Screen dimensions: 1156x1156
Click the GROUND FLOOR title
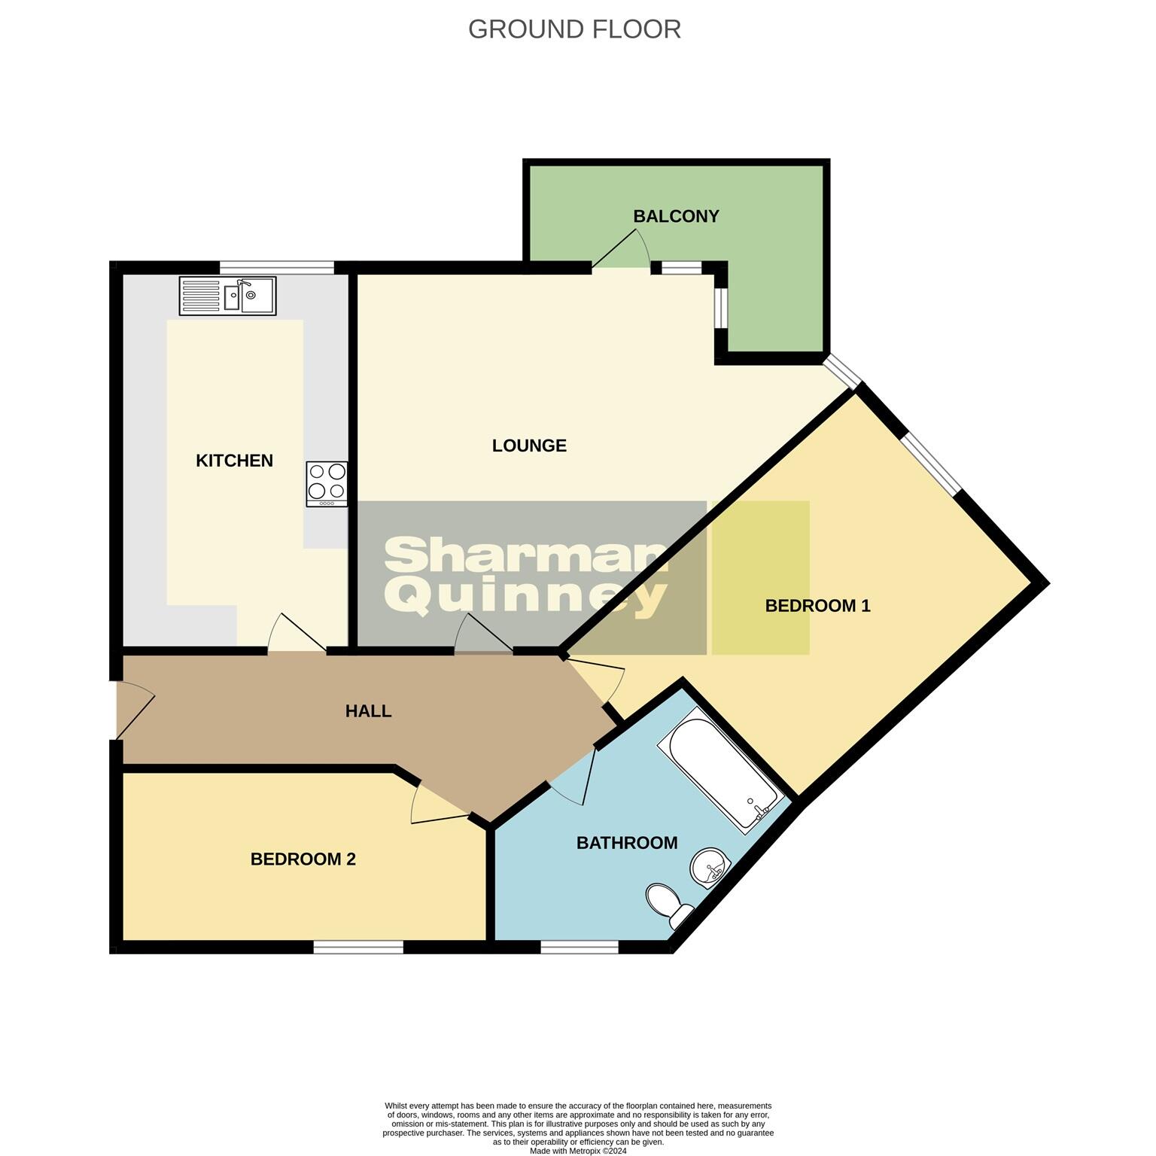574,29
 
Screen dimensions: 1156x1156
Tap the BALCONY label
676,217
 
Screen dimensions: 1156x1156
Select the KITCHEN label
234,461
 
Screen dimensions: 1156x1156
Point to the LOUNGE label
529,446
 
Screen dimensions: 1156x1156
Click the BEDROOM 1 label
817,606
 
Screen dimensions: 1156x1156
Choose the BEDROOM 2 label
303,859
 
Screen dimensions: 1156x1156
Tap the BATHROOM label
627,843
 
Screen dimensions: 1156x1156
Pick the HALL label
368,711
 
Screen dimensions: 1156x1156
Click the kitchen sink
228,296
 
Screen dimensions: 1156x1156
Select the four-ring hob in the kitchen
327,483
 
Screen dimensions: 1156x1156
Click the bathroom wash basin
709,869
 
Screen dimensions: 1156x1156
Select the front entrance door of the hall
133,710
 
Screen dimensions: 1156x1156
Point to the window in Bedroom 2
358,947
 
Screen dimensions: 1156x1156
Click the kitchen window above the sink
276,267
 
